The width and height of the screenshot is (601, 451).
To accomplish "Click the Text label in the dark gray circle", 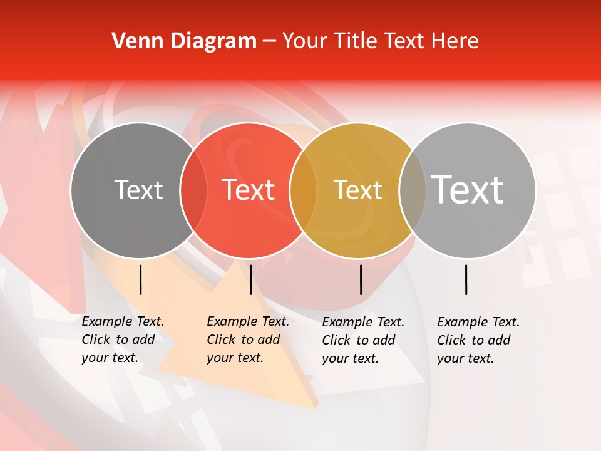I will (x=138, y=190).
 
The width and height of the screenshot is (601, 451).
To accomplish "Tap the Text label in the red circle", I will (x=249, y=190).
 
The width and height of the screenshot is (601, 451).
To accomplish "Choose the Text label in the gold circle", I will (x=357, y=190).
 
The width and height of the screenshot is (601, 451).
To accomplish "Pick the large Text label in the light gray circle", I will (x=468, y=189).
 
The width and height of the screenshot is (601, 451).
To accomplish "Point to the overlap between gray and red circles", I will (x=193, y=190).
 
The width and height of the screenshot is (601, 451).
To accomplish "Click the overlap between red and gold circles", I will (x=303, y=190).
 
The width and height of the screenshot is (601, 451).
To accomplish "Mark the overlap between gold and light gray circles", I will (x=412, y=190).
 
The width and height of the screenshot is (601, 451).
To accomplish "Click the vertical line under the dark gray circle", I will (x=141, y=279).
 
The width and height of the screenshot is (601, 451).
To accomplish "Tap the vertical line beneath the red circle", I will (x=250, y=279).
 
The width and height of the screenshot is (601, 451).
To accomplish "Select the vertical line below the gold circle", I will (x=361, y=279).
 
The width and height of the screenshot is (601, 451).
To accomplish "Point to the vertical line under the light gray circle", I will (x=466, y=279).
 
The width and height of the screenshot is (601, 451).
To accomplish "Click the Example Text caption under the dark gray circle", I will (x=122, y=340).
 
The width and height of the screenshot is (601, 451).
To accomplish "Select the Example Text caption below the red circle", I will (x=247, y=340).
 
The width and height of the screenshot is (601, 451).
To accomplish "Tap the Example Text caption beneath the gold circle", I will (x=362, y=340).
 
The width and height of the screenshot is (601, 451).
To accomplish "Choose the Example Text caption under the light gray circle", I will (x=478, y=340).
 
